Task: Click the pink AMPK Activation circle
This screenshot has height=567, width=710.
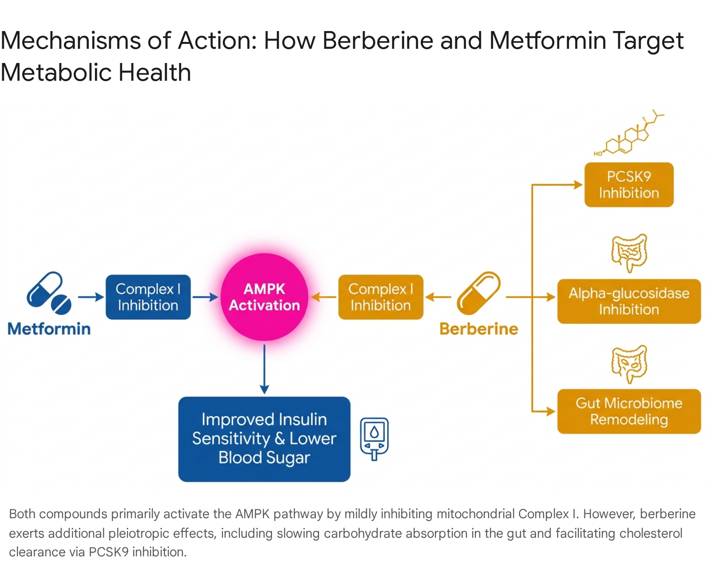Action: click(264, 297)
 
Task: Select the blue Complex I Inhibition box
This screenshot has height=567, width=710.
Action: click(148, 297)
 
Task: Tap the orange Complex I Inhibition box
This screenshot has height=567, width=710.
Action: click(381, 297)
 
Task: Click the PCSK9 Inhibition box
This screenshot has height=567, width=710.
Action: click(629, 185)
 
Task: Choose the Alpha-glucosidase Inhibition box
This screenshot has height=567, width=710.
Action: click(629, 301)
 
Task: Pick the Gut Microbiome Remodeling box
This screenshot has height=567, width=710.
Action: click(629, 411)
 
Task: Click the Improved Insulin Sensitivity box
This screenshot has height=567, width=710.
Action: click(264, 439)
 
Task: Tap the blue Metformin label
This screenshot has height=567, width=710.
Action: click(49, 329)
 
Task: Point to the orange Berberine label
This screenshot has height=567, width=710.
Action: click(479, 329)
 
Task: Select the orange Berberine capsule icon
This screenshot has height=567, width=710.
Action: click(478, 293)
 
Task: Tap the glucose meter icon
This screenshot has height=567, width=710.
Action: click(374, 439)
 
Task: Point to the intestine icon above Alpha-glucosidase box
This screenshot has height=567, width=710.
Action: click(629, 253)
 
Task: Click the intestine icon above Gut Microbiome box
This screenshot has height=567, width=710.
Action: click(629, 364)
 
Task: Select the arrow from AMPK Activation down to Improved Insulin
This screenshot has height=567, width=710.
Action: click(264, 370)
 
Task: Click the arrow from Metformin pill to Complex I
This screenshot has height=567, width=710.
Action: click(91, 297)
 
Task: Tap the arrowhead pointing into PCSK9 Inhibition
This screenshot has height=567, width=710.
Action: click(578, 185)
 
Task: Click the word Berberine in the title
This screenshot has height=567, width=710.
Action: click(378, 40)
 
